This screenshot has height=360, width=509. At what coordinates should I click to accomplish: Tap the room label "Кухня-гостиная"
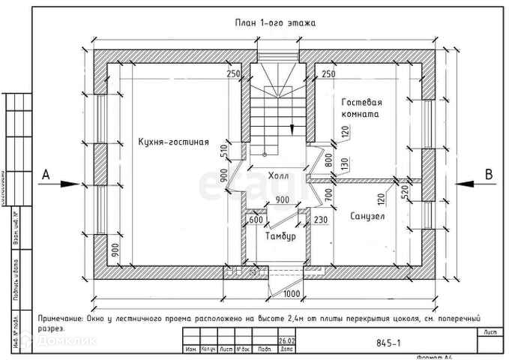(172, 142)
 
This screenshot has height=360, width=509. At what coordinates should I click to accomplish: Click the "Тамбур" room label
(280, 236)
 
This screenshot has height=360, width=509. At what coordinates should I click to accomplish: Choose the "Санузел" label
(367, 216)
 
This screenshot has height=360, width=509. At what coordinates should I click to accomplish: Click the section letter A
(46, 174)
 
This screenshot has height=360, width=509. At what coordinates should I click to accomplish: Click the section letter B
(488, 174)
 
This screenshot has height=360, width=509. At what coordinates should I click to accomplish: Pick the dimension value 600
(256, 220)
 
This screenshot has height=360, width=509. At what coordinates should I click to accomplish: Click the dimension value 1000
(292, 293)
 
